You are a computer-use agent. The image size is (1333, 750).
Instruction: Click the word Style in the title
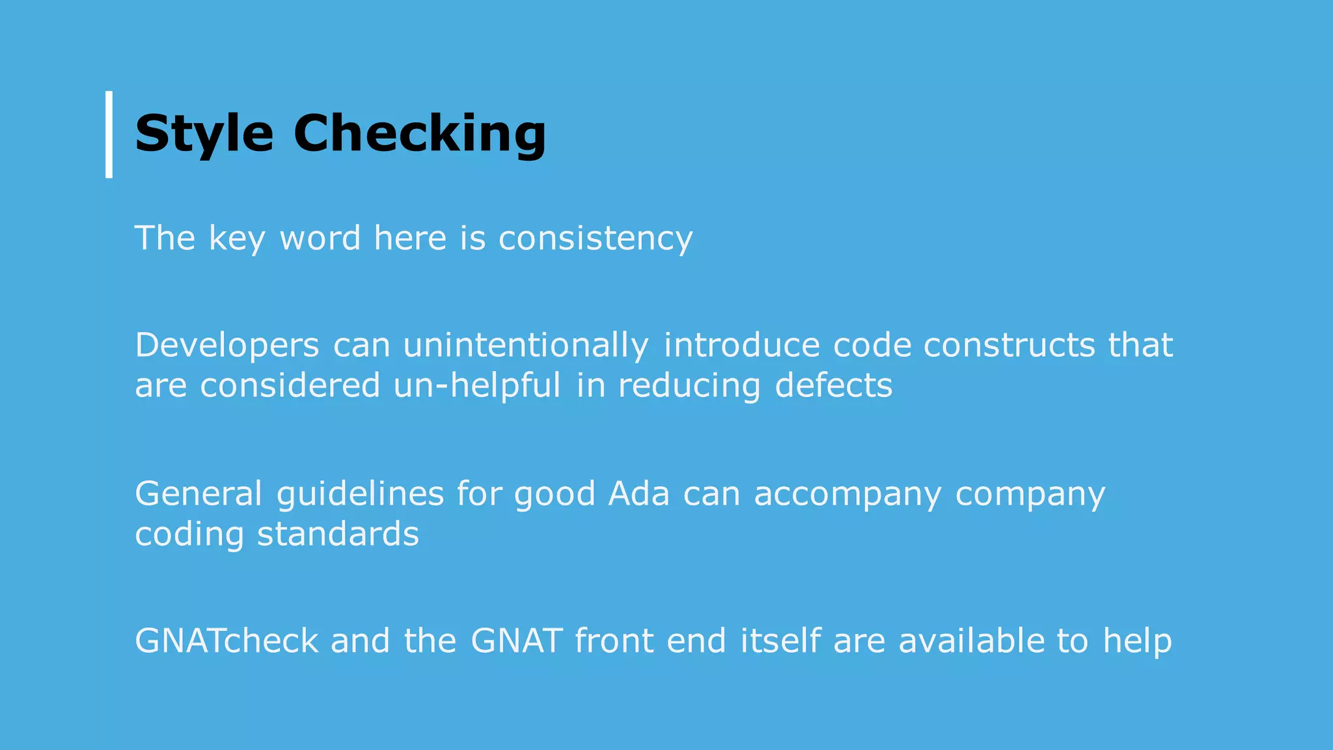(x=204, y=134)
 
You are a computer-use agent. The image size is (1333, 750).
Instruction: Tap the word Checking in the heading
(x=420, y=134)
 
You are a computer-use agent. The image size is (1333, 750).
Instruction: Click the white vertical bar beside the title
(x=109, y=134)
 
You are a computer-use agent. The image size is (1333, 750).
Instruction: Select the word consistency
(x=596, y=238)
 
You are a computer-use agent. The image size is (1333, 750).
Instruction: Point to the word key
(x=237, y=238)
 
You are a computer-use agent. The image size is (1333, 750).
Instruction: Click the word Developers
(x=227, y=345)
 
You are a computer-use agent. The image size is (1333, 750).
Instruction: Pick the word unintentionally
(x=526, y=345)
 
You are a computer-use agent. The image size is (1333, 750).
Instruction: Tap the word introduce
(x=742, y=345)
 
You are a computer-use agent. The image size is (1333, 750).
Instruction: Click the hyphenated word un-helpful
(x=477, y=385)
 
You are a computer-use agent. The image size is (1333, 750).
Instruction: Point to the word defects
(x=834, y=385)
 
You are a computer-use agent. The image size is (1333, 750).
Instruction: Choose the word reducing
(x=689, y=385)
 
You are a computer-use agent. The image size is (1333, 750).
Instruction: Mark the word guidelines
(x=360, y=493)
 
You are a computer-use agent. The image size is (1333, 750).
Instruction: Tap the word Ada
(x=639, y=493)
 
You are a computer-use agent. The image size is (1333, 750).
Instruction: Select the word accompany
(x=847, y=493)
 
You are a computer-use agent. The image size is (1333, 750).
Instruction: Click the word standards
(x=338, y=535)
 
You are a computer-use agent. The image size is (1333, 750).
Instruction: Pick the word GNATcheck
(x=227, y=641)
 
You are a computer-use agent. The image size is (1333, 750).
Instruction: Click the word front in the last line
(x=614, y=641)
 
